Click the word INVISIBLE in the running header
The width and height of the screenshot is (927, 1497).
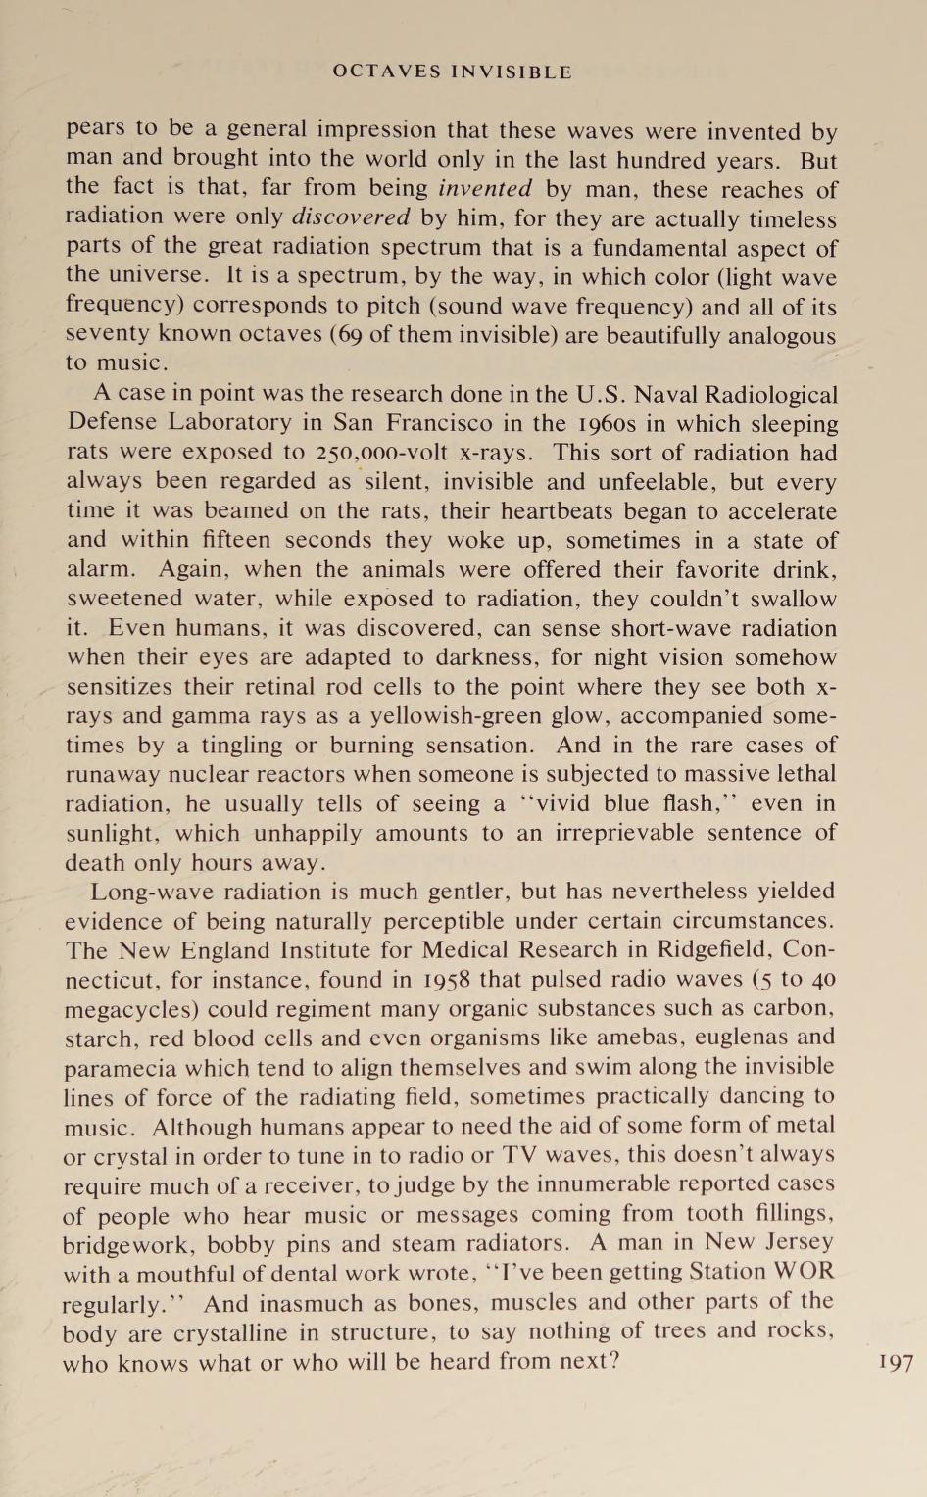(x=511, y=72)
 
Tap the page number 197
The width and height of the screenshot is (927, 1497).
(x=897, y=1362)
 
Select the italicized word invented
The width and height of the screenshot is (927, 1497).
(x=485, y=188)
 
